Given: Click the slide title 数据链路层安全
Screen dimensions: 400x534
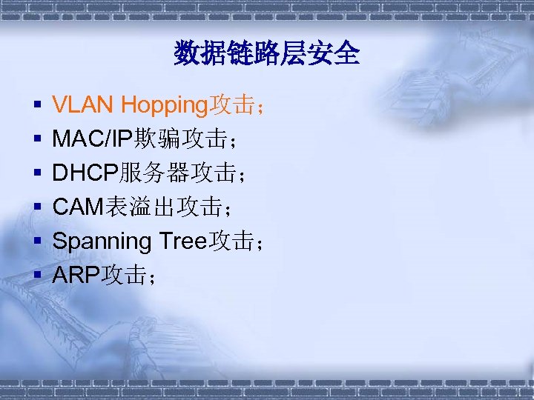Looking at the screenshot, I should [x=267, y=53].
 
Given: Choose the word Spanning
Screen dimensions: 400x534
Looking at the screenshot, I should [x=102, y=241].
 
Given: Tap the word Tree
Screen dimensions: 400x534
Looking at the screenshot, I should [x=183, y=241].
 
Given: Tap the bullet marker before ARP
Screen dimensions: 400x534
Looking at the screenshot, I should [x=36, y=277].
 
